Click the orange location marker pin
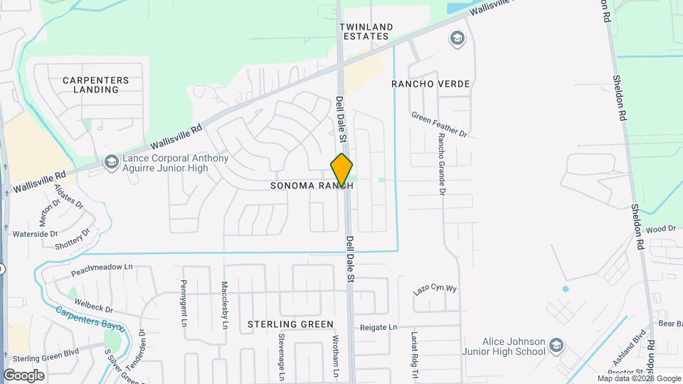(341, 171)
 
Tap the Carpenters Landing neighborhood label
(95, 85)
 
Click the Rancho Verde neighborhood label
(430, 84)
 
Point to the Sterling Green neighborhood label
(290, 324)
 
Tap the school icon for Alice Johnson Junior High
(556, 346)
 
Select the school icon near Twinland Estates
(456, 38)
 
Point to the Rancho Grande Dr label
(441, 164)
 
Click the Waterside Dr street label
(35, 234)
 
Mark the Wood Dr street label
(660, 229)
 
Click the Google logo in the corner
(23, 375)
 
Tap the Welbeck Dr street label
(93, 305)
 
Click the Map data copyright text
(639, 378)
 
